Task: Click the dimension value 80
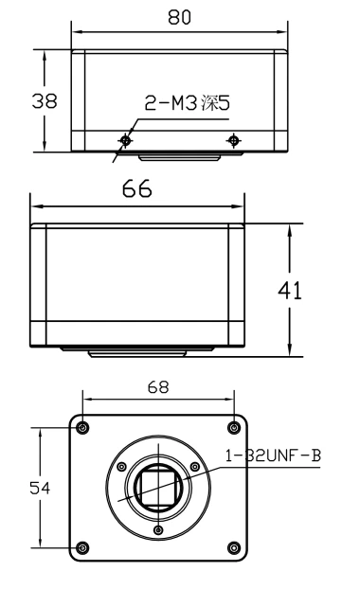[x=179, y=17]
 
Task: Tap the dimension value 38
[x=45, y=101]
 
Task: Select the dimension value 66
[x=137, y=189]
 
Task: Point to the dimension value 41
[x=290, y=291]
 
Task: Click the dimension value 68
[x=158, y=387]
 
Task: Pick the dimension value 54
[x=40, y=488]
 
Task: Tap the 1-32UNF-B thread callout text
[x=273, y=455]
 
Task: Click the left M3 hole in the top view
[x=125, y=140]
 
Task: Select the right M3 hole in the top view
[x=233, y=140]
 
